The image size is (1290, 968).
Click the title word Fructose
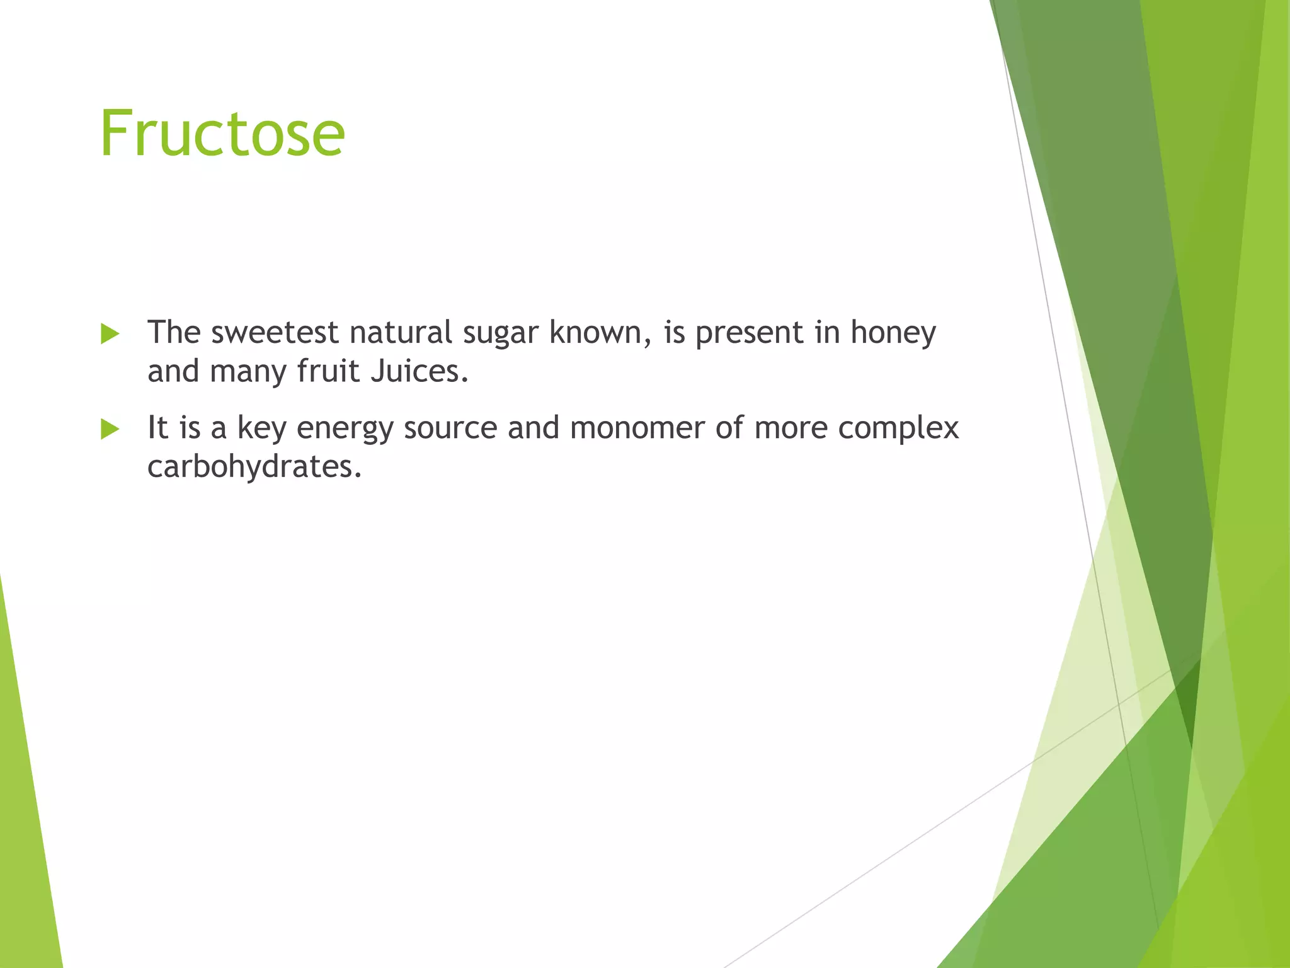222,134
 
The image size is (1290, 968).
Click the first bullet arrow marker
110,334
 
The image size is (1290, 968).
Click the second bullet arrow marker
110,430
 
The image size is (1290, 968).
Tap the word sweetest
275,332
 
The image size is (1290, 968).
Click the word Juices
420,371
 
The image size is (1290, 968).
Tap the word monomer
637,428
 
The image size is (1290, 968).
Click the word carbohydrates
254,468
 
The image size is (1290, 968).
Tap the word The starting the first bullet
173,332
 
